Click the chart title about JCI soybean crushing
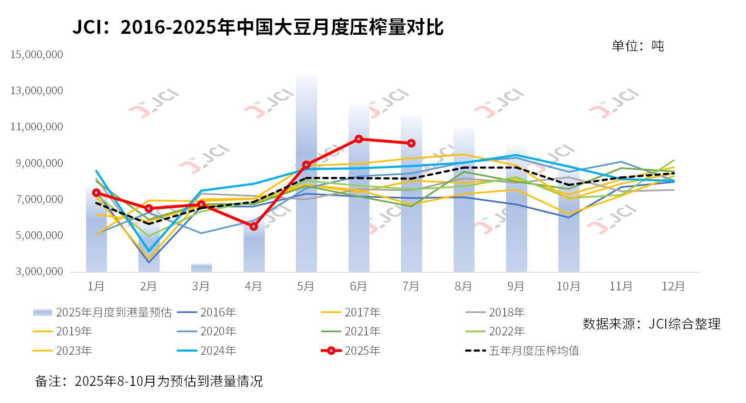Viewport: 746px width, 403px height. pos(258,27)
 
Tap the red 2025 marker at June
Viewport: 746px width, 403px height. pos(359,139)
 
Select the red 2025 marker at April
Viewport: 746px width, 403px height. pos(253,226)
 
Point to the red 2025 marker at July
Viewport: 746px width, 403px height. pos(411,143)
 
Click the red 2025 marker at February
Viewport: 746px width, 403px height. pos(149,209)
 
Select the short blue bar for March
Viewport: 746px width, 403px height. pos(201,268)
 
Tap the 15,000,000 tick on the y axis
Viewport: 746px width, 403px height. pos(37,55)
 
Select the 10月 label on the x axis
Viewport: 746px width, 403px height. pos(568,286)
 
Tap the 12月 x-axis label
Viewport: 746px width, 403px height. pos(673,286)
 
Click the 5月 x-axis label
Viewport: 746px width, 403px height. pos(306,286)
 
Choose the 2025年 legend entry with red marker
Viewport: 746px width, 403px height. pos(351,351)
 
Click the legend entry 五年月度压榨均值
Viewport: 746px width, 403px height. pos(522,351)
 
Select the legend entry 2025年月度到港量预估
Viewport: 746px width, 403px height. pos(102,312)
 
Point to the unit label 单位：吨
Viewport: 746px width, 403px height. pos(637,46)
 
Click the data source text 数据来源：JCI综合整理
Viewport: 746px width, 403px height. pos(651,324)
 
